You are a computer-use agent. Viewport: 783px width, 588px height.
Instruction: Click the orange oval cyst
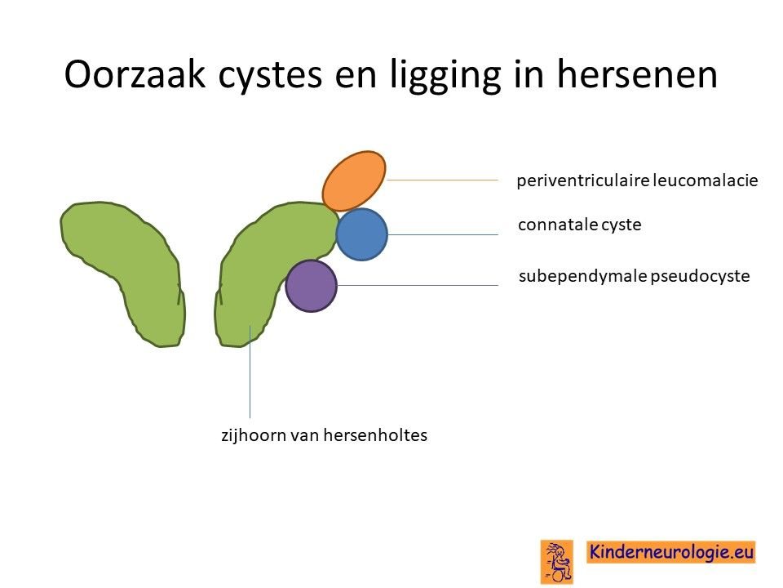pos(354,181)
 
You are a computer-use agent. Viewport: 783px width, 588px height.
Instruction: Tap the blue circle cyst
pos(362,234)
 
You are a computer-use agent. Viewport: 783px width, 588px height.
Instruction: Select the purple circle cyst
pos(311,286)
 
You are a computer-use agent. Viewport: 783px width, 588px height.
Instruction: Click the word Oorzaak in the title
pos(135,74)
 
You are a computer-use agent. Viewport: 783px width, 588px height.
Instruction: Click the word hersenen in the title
pos(637,74)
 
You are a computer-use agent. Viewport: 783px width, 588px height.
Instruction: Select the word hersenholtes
pos(375,435)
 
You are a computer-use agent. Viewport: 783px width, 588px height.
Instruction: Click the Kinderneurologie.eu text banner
pos(671,552)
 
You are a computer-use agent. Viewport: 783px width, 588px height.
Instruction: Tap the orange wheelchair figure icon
pos(557,562)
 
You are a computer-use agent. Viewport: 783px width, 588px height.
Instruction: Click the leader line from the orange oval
pos(442,180)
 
